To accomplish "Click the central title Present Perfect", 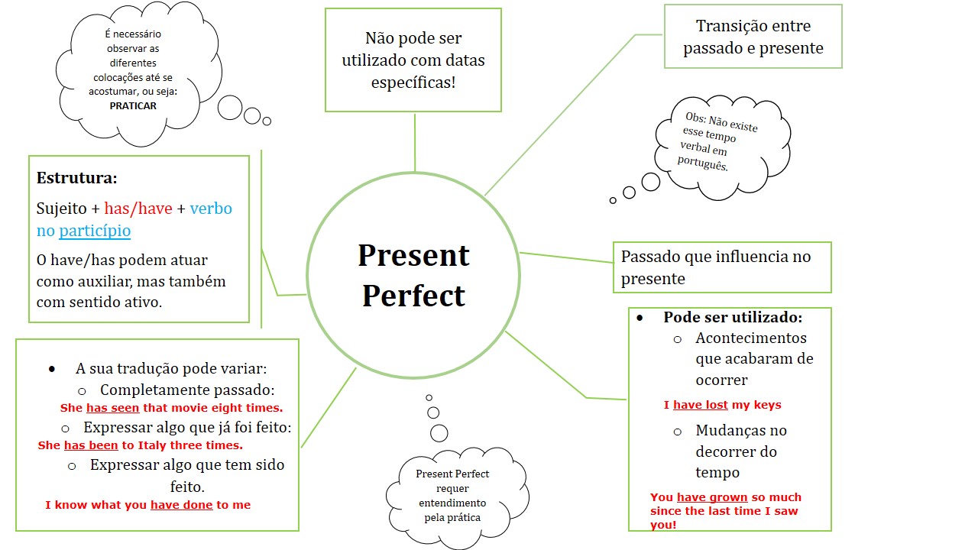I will click(413, 275).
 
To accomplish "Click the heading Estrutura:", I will click(77, 179).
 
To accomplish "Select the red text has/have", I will click(138, 209).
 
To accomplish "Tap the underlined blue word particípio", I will click(95, 231).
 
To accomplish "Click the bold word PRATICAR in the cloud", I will click(133, 106).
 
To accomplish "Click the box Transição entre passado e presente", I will click(753, 37).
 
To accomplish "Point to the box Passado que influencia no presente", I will click(721, 267).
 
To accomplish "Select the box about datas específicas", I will click(413, 60).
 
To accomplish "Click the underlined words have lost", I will click(700, 405).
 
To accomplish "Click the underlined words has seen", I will click(112, 408).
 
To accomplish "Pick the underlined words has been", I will click(91, 445).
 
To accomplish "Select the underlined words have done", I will click(181, 505).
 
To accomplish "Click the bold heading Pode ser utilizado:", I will click(732, 317).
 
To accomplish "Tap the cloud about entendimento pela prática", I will click(452, 496).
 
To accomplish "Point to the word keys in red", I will click(766, 405).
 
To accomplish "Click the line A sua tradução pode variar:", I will click(170, 368).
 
